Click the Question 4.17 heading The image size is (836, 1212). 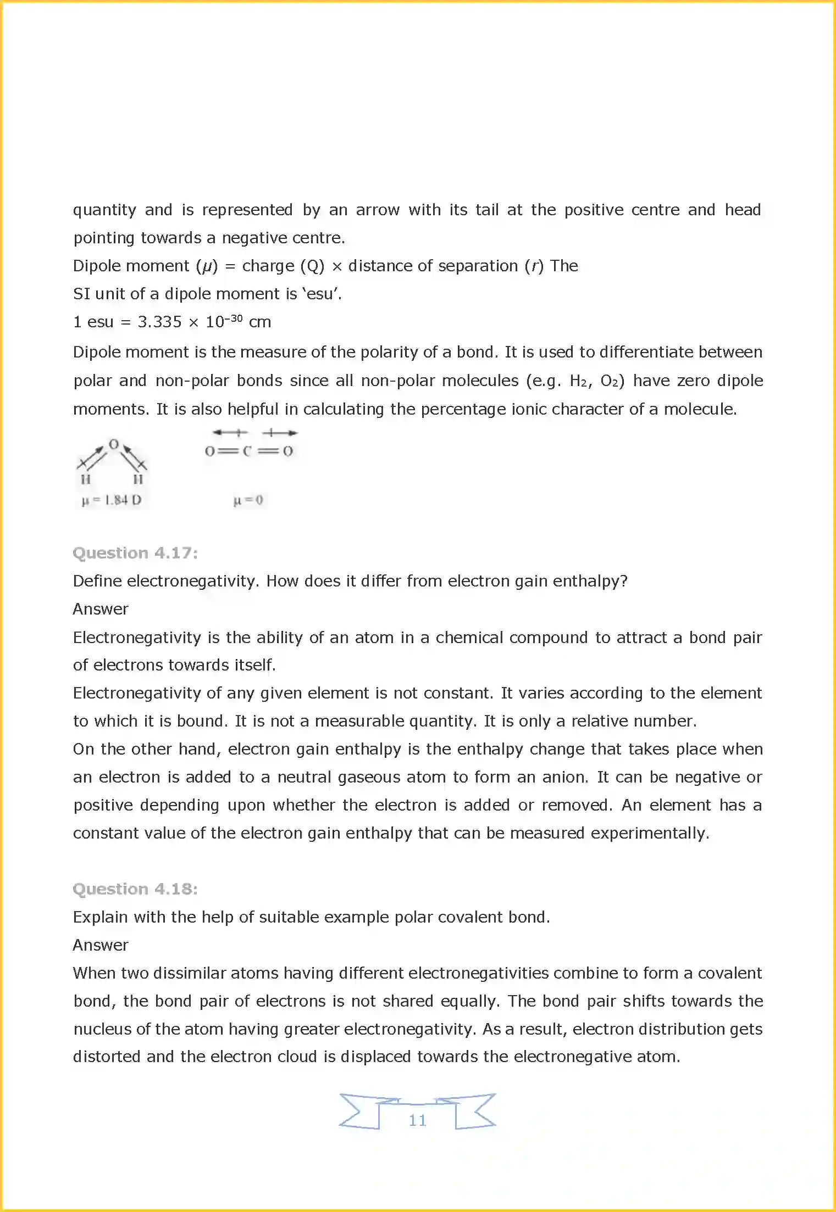click(x=135, y=552)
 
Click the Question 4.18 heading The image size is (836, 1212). click(x=135, y=889)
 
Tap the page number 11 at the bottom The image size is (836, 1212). click(x=418, y=1120)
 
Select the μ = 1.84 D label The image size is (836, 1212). click(x=112, y=500)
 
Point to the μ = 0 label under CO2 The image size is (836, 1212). click(x=248, y=500)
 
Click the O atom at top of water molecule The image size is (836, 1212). click(x=114, y=444)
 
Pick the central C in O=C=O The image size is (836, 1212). click(x=247, y=451)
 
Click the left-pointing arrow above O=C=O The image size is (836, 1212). click(x=230, y=433)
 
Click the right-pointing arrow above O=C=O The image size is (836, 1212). click(x=280, y=433)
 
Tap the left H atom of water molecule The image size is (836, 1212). click(x=86, y=479)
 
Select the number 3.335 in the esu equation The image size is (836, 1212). click(x=159, y=322)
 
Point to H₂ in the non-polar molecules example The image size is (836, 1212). click(x=579, y=381)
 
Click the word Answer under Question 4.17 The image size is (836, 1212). click(x=101, y=609)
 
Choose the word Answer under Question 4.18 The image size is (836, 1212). click(x=101, y=945)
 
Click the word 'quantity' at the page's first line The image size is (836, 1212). click(x=104, y=210)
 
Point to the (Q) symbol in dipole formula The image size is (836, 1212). click(x=312, y=266)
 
